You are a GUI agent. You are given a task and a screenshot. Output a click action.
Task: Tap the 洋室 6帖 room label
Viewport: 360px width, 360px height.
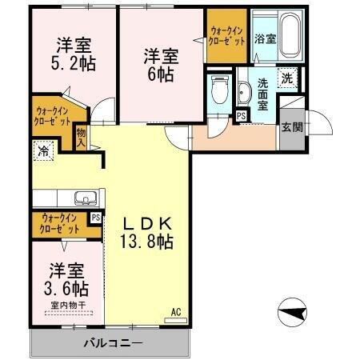click(162, 65)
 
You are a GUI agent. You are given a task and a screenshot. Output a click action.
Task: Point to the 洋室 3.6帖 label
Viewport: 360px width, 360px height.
click(67, 278)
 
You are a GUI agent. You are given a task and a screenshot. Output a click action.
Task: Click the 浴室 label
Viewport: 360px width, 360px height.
click(265, 38)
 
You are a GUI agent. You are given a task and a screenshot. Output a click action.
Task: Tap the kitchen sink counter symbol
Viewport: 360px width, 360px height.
click(84, 198)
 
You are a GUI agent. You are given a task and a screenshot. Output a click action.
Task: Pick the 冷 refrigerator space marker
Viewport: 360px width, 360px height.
click(42, 149)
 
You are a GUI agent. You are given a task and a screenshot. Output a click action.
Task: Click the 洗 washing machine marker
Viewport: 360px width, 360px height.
click(287, 78)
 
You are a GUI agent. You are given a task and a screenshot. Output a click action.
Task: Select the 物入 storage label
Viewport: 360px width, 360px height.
click(82, 137)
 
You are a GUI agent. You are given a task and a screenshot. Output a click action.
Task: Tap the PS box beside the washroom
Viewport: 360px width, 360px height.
click(241, 116)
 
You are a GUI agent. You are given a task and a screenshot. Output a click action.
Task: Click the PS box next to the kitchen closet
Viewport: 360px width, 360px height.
click(96, 217)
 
